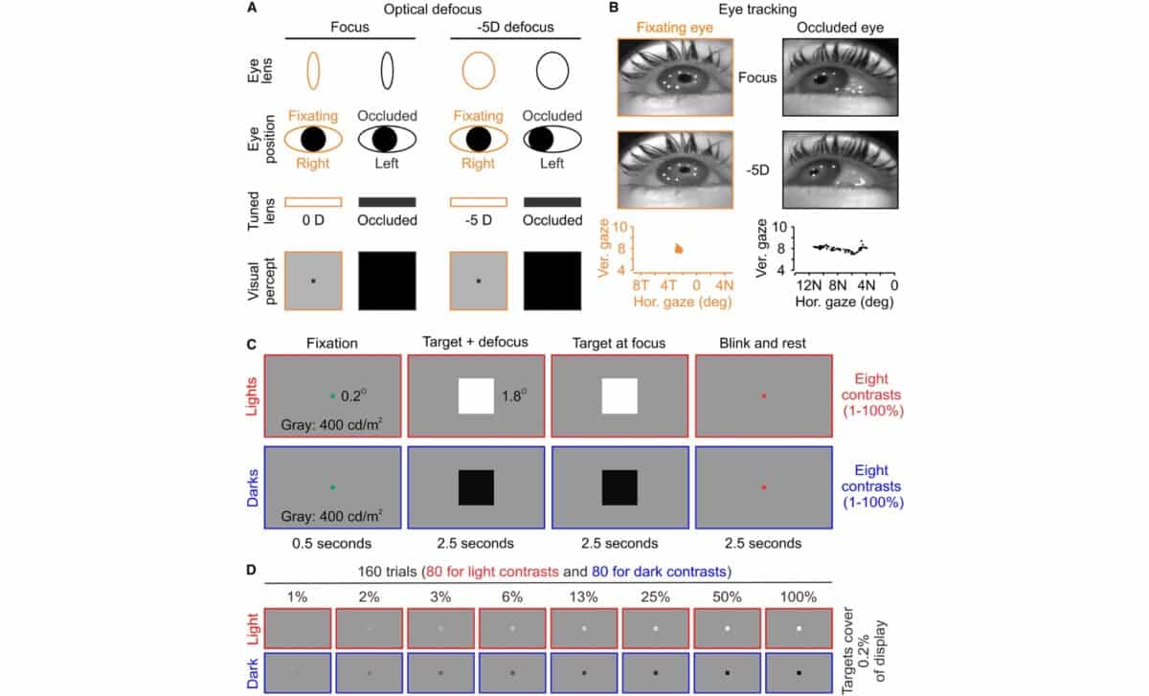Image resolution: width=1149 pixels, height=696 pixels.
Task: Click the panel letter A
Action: (251, 9)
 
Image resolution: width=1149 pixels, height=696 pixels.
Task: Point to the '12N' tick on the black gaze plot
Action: (809, 285)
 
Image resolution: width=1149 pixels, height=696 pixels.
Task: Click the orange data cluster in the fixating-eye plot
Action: (679, 249)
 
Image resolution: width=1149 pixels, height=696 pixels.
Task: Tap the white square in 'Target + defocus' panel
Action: (475, 396)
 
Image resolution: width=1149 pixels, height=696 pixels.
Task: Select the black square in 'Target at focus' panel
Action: (619, 488)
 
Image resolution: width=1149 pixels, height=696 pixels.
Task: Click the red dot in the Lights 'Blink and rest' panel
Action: (763, 395)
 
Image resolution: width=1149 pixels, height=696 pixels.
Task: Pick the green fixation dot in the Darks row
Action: (331, 487)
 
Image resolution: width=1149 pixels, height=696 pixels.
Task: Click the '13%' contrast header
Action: (584, 596)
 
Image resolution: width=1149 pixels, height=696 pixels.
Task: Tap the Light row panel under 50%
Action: (727, 628)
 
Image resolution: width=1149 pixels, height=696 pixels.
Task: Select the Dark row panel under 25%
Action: (655, 673)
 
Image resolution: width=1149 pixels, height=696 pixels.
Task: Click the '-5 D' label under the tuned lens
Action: (478, 221)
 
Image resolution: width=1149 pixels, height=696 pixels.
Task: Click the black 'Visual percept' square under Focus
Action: (387, 281)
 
